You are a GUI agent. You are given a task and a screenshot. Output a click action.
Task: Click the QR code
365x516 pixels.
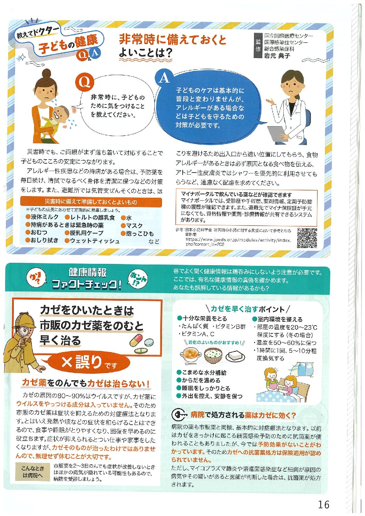coord(307,238)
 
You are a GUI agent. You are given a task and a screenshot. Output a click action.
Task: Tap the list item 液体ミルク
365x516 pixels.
coord(42,217)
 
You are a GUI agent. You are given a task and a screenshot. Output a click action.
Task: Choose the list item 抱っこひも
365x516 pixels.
coord(137,234)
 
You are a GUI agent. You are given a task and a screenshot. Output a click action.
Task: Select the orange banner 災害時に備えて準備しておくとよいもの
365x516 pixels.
coord(91,202)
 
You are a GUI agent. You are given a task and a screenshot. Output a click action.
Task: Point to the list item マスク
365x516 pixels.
coord(132,226)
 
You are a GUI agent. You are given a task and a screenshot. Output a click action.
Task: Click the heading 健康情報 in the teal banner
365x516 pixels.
coord(87,273)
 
